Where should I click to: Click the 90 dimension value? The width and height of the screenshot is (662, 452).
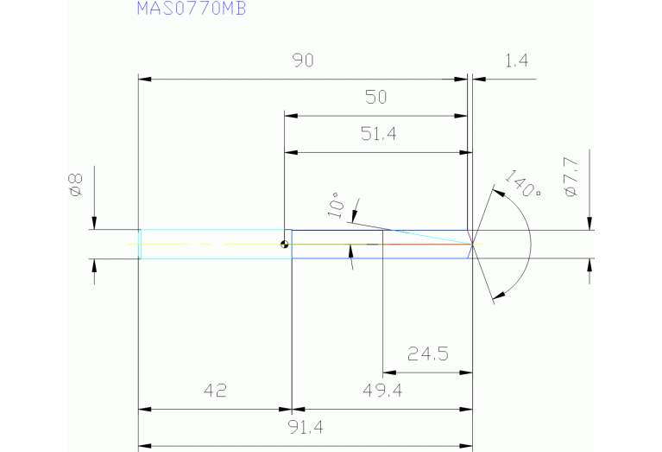click(302, 60)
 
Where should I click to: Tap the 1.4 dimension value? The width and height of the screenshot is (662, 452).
click(516, 60)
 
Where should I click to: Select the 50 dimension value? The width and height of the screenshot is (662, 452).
click(375, 97)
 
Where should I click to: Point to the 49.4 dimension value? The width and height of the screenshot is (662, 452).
click(382, 391)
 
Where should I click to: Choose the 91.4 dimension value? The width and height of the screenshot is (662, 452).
click(305, 427)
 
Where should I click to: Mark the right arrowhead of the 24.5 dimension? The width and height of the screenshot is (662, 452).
click(466, 372)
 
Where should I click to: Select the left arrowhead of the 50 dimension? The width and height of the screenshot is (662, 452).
click(291, 115)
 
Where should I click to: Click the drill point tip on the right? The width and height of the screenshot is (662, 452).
click(473, 244)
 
